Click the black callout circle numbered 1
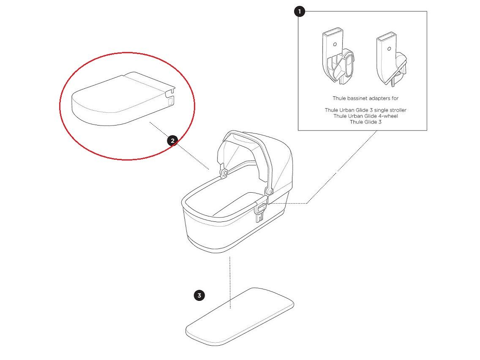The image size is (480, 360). [300, 12]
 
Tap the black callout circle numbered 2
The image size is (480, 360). [173, 141]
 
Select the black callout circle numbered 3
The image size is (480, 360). [199, 295]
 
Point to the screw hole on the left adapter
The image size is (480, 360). [335, 44]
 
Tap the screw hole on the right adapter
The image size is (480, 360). [389, 49]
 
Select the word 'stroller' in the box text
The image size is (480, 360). [396, 110]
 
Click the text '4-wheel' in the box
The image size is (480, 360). [388, 116]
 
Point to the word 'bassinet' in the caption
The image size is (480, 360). [357, 98]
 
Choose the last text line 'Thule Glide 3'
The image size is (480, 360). [365, 122]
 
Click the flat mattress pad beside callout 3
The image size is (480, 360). [240, 317]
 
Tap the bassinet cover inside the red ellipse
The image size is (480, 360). [123, 99]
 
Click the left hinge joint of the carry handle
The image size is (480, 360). [224, 173]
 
